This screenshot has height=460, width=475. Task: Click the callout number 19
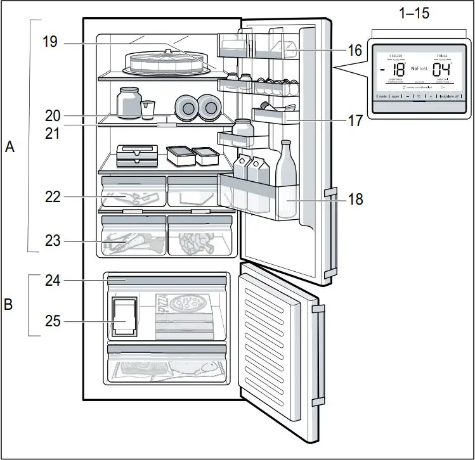[50, 42]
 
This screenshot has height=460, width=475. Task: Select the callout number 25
[53, 321]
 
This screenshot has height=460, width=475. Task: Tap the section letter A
[10, 147]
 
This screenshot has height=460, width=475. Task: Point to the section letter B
[9, 305]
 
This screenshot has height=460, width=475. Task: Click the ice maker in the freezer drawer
[124, 316]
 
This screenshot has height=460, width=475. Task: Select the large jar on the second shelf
[129, 103]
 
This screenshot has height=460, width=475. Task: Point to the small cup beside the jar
[148, 110]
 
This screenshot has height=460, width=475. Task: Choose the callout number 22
[53, 197]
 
